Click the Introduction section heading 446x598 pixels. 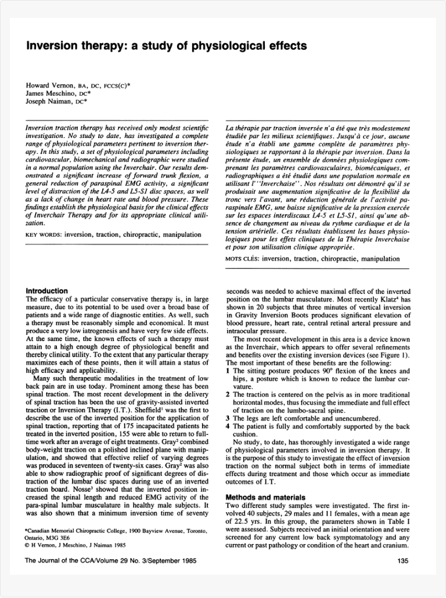[47, 291]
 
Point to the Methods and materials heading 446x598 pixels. [265, 497]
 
